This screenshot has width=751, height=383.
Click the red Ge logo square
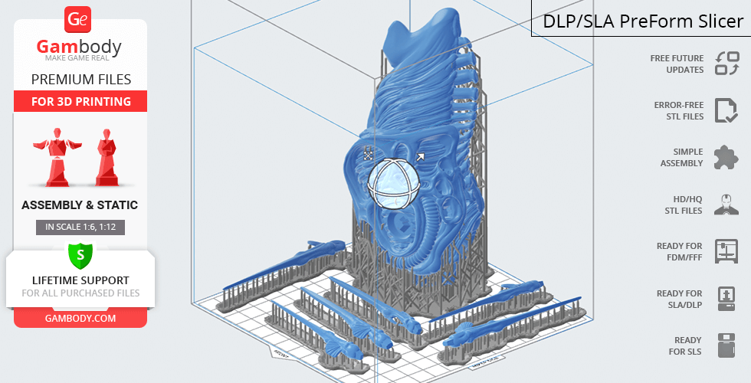click(x=77, y=20)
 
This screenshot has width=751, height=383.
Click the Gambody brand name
click(x=79, y=47)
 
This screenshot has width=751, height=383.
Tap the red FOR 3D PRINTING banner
click(x=80, y=101)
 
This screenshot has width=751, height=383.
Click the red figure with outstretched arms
click(x=57, y=156)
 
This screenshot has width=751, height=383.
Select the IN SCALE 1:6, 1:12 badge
click(x=80, y=227)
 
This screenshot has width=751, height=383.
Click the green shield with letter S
click(x=80, y=255)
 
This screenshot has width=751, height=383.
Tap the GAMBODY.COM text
click(x=80, y=319)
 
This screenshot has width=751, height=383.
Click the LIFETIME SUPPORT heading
click(x=80, y=280)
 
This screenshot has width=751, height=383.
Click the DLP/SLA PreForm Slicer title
click(x=643, y=21)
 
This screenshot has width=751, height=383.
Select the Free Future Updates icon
click(x=727, y=63)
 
